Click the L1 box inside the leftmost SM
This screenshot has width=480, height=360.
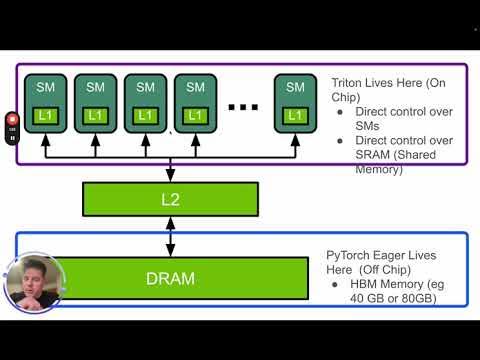(45, 116)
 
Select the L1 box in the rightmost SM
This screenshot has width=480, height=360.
(294, 116)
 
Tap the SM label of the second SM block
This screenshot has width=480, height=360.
(95, 88)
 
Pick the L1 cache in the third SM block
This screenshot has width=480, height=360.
(145, 116)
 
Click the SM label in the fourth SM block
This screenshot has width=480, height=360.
(195, 88)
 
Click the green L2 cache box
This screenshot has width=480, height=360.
(170, 200)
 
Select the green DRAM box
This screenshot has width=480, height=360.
(170, 278)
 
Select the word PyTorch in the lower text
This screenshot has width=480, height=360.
(352, 257)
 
